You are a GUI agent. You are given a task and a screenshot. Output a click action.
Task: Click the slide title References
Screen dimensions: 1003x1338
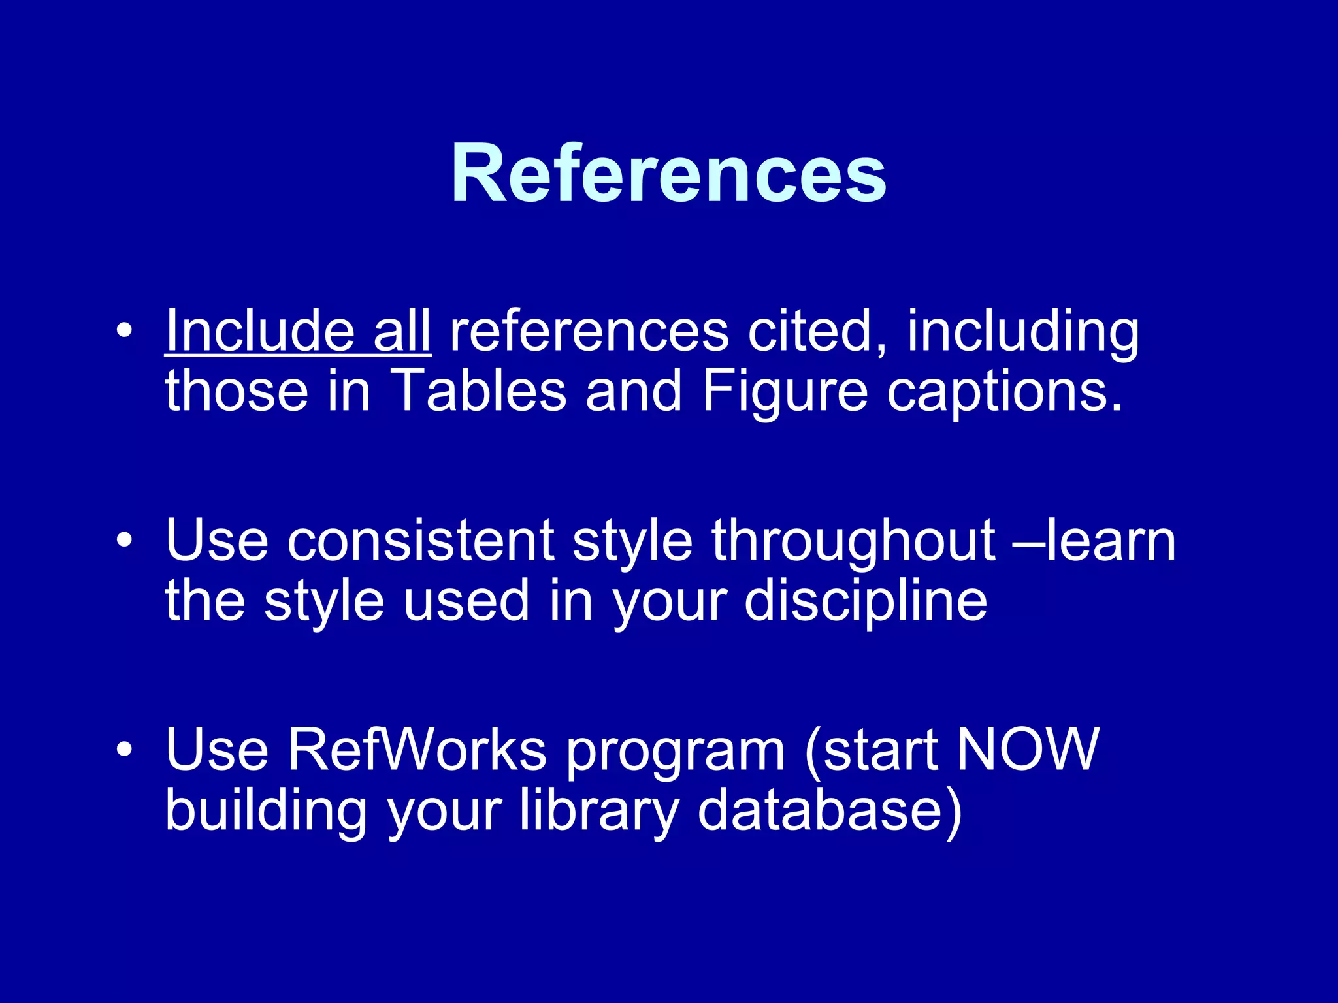tap(668, 174)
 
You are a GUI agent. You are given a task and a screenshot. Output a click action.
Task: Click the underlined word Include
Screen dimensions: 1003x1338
tap(260, 331)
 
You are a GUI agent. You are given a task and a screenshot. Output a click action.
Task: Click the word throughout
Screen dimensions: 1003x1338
tap(853, 541)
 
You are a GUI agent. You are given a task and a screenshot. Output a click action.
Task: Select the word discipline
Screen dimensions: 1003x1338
tap(866, 601)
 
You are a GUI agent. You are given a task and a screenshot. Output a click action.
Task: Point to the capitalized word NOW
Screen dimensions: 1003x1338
tap(1027, 749)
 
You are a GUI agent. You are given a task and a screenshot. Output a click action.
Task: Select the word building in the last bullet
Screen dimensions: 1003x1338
tap(265, 810)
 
